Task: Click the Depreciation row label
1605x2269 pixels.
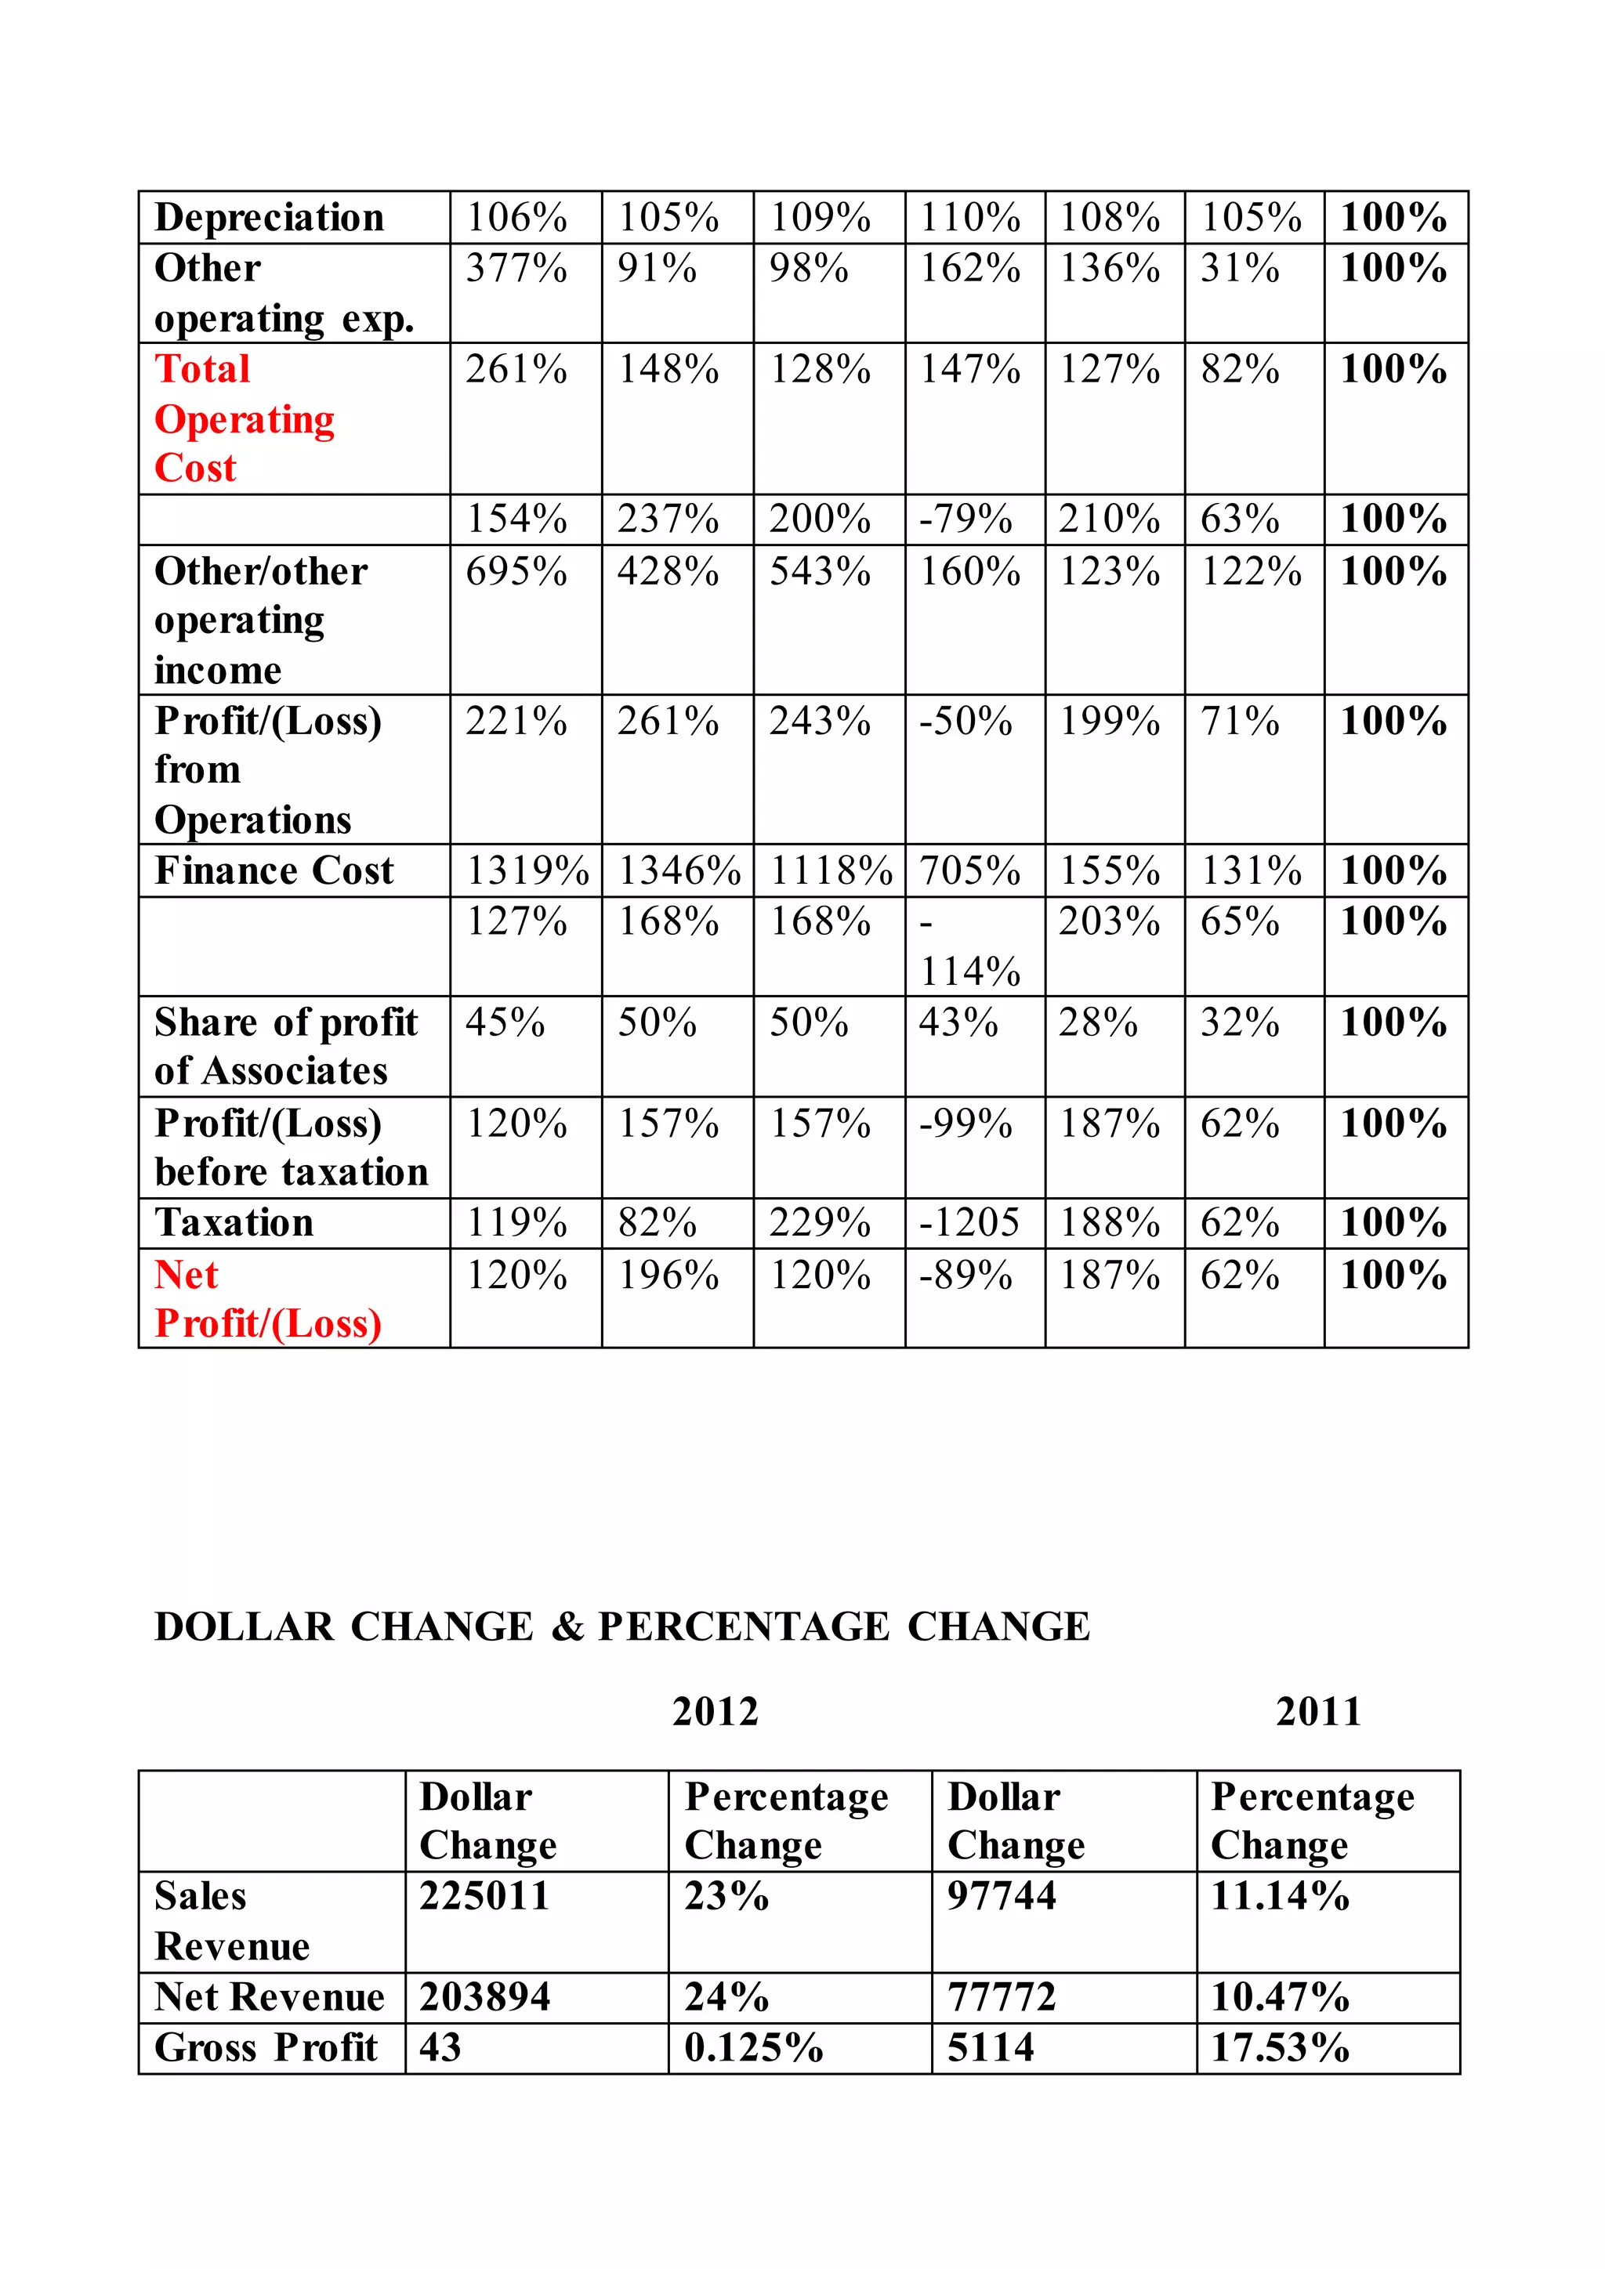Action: (269, 217)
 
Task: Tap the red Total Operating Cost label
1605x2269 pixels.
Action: (244, 418)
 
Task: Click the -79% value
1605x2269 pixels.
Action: (966, 519)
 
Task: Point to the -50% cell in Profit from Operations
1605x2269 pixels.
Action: (966, 722)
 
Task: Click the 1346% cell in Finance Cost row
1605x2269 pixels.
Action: (679, 870)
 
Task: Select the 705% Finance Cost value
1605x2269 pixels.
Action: (969, 870)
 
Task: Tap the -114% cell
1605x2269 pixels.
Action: (969, 946)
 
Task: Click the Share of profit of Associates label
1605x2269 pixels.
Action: (285, 1047)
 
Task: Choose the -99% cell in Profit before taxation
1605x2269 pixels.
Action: (966, 1124)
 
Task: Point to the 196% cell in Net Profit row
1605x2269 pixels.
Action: (668, 1276)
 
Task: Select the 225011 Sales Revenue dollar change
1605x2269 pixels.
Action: (484, 1896)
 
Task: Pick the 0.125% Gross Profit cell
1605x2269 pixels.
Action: (753, 2047)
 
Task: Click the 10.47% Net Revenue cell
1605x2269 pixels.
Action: (1280, 1997)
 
